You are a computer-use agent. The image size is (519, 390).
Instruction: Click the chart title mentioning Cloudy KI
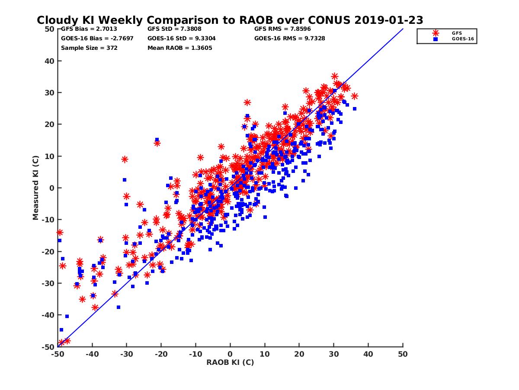tap(230, 20)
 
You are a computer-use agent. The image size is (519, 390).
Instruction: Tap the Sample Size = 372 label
tap(89, 48)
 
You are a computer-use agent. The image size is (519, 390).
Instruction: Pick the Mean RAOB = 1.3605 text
tap(179, 48)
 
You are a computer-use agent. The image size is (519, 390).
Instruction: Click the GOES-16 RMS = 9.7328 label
tap(289, 38)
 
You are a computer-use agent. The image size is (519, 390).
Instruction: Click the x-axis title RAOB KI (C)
tap(230, 362)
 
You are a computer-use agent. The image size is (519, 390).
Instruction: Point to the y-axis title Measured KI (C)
tap(36, 188)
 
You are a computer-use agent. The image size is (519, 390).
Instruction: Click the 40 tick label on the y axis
tap(50, 61)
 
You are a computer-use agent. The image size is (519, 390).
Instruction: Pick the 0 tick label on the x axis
tap(230, 354)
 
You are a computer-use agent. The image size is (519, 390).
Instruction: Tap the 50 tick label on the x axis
tap(403, 354)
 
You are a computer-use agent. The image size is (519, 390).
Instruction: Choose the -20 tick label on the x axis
tap(161, 354)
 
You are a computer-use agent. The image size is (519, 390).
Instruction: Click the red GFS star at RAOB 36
tap(355, 96)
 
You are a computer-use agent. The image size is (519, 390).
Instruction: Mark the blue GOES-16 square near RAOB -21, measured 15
tap(157, 140)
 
